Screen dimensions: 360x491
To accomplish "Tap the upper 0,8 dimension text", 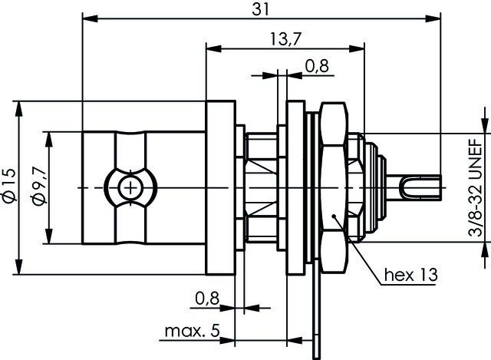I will click(317, 67).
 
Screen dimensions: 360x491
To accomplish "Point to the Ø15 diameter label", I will click(9, 186).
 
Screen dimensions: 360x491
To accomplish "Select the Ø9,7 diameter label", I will click(40, 186).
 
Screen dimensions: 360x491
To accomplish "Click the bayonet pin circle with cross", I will click(131, 187).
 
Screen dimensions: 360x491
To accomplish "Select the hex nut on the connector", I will click(334, 187).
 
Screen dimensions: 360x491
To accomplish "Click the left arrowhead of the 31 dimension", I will click(87, 18).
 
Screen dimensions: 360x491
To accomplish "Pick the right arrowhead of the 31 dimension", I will click(440, 18).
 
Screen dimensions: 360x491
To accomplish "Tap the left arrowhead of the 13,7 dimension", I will click(209, 47).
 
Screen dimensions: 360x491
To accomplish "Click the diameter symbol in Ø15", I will click(9, 199).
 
